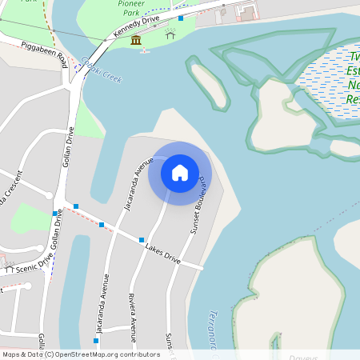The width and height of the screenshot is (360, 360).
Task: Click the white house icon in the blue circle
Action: [x=180, y=173]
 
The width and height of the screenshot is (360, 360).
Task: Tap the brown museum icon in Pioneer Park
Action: [x=136, y=41]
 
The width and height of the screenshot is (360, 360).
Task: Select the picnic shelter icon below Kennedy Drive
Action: [x=170, y=34]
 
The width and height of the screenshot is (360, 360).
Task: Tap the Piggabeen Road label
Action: [x=45, y=54]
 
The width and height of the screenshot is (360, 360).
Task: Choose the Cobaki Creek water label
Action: [x=101, y=69]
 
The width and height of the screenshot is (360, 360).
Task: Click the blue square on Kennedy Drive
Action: [x=181, y=18]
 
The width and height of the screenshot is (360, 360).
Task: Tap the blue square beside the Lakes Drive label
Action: [x=142, y=240]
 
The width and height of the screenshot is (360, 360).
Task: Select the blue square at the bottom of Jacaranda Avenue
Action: [x=95, y=341]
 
